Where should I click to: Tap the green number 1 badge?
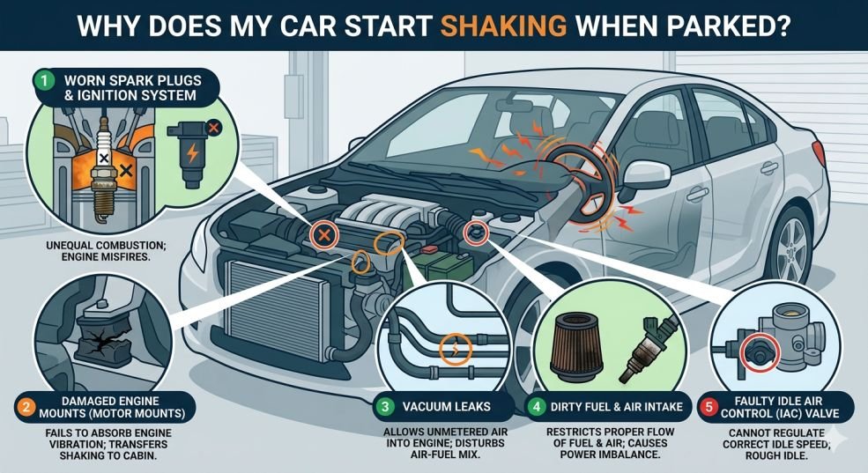click(x=44, y=81)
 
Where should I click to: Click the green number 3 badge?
click(x=383, y=407)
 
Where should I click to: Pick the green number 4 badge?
click(x=536, y=407)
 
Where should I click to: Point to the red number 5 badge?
click(x=708, y=407)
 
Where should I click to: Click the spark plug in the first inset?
click(x=102, y=169)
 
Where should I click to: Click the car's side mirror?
click(x=644, y=178)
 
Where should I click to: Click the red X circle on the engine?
click(x=324, y=235)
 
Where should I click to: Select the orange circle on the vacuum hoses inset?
click(x=455, y=349)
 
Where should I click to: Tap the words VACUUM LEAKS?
click(x=446, y=407)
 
